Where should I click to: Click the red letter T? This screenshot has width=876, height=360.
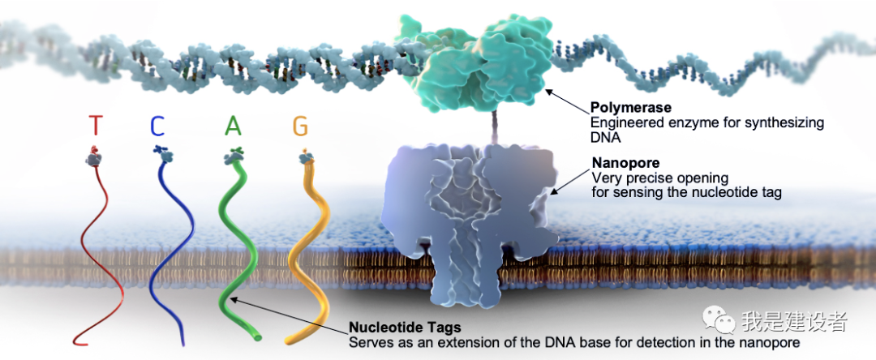[96, 126]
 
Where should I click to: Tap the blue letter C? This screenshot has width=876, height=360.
[157, 126]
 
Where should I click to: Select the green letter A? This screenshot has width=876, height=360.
[233, 126]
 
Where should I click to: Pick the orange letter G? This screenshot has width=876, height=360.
[301, 126]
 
